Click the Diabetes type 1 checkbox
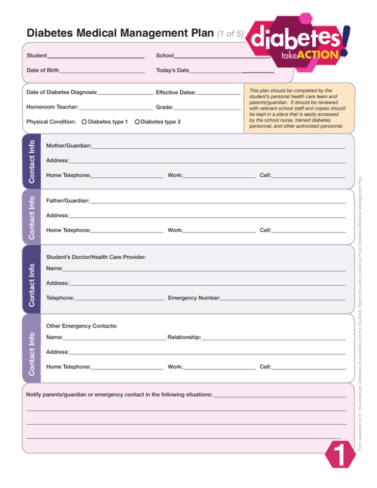(x=85, y=121)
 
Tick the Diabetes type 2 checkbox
(x=137, y=121)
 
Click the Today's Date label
(x=172, y=71)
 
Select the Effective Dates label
(x=176, y=93)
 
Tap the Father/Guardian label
(x=67, y=201)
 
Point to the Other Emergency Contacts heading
(x=81, y=326)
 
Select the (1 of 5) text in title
(x=230, y=34)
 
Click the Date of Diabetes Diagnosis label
(x=62, y=93)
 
